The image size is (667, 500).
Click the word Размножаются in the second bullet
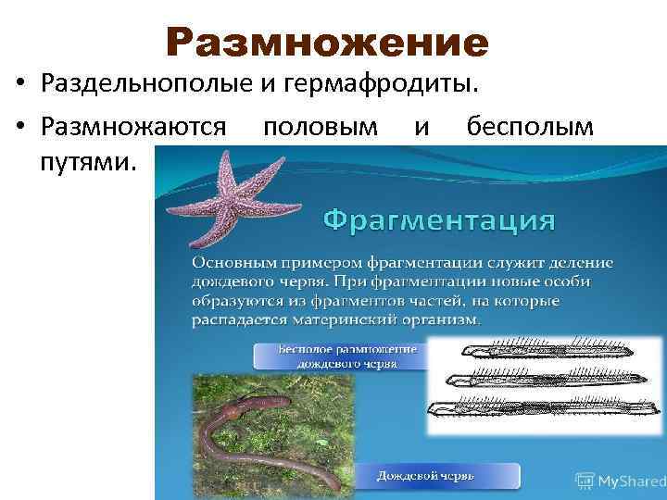click(x=133, y=127)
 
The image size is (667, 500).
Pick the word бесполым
click(x=530, y=127)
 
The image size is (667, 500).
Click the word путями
click(x=89, y=162)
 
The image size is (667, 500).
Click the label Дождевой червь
click(x=425, y=475)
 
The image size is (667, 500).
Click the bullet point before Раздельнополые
click(x=20, y=87)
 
